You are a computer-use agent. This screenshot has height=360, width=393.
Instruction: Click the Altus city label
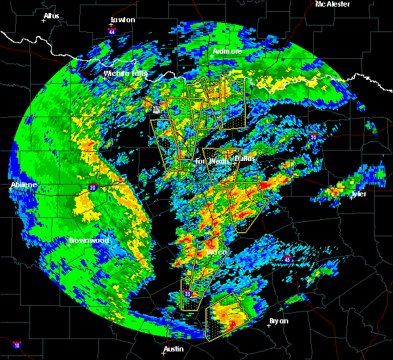[51, 16]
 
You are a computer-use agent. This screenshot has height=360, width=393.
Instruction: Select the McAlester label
[332, 4]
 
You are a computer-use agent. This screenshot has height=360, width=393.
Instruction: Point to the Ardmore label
[227, 51]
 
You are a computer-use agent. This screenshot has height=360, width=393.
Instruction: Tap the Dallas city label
[244, 158]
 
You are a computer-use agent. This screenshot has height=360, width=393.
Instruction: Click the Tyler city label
[358, 194]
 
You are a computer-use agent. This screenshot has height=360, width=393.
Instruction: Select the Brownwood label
[88, 241]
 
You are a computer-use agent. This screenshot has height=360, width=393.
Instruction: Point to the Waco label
[217, 252]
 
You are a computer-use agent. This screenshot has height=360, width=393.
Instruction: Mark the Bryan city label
[279, 321]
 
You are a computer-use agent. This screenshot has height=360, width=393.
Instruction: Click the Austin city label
[174, 349]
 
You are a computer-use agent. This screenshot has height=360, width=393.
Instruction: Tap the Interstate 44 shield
[112, 31]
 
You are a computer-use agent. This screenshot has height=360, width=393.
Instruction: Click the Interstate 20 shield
[92, 189]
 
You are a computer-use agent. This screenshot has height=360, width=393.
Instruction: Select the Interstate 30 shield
[313, 137]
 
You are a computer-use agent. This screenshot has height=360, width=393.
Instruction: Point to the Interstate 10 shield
[16, 345]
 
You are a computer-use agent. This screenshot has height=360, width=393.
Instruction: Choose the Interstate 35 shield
[188, 294]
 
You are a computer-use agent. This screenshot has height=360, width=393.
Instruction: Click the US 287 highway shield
[157, 110]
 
